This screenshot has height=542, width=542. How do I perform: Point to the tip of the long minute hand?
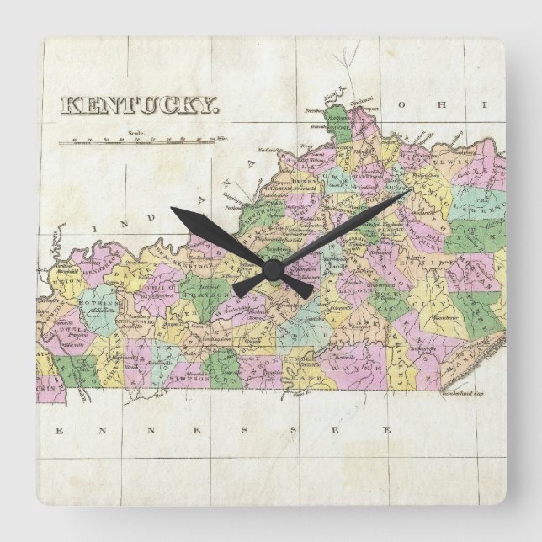coord(410,190)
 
